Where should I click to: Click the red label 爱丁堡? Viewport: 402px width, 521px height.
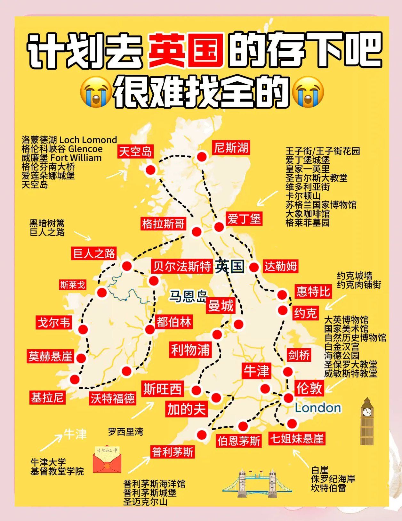[x=244, y=219]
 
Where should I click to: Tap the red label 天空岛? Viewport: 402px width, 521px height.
[x=135, y=152]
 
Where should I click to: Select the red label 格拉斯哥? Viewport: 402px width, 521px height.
[x=163, y=224]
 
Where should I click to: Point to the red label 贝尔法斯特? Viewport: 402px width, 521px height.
[x=182, y=266]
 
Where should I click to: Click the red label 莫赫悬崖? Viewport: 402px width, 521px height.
[x=51, y=356]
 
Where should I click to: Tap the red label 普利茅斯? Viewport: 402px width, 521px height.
[x=173, y=452]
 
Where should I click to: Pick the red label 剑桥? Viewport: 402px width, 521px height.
[x=299, y=355]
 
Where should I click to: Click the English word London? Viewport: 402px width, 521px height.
[x=318, y=408]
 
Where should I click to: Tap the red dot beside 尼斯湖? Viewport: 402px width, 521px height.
[x=202, y=157]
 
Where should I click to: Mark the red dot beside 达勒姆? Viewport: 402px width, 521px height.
[x=254, y=267]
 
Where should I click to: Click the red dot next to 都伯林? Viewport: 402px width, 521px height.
[x=150, y=329]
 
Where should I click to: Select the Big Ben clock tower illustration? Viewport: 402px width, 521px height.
[x=367, y=421]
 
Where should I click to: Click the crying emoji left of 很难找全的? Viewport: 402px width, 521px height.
[x=96, y=92]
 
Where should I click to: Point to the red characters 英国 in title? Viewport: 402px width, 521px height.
[x=186, y=50]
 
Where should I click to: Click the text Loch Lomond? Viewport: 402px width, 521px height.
[x=88, y=140]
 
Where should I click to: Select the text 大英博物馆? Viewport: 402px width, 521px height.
[x=346, y=320]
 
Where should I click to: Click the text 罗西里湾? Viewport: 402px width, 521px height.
[x=125, y=432]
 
